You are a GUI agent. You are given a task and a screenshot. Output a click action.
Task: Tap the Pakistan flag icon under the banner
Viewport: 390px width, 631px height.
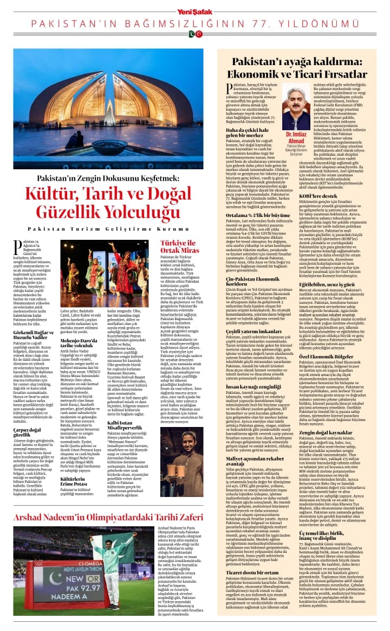tap(191, 34)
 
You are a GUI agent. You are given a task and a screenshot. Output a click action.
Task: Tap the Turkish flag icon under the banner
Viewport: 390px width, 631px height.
tap(199, 34)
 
